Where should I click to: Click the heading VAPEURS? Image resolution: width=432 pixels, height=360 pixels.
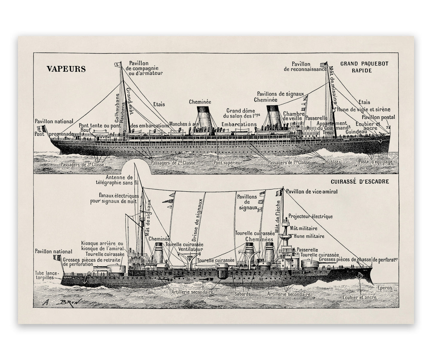[x=66, y=69]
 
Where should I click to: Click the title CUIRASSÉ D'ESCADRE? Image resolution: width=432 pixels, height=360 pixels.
[x=360, y=181]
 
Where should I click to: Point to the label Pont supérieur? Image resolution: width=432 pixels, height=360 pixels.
[x=228, y=163]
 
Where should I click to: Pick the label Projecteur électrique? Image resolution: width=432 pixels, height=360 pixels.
[x=310, y=216]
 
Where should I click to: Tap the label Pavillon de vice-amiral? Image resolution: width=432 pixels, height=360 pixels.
[x=312, y=191]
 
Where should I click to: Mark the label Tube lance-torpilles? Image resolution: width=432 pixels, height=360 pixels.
[x=48, y=275]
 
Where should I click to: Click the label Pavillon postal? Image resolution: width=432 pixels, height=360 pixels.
[x=378, y=117]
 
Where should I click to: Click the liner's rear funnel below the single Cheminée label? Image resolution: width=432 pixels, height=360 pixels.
[x=205, y=120]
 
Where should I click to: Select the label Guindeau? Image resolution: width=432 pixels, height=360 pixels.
[x=355, y=132]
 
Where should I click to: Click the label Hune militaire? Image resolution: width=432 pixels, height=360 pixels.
[x=309, y=236]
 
